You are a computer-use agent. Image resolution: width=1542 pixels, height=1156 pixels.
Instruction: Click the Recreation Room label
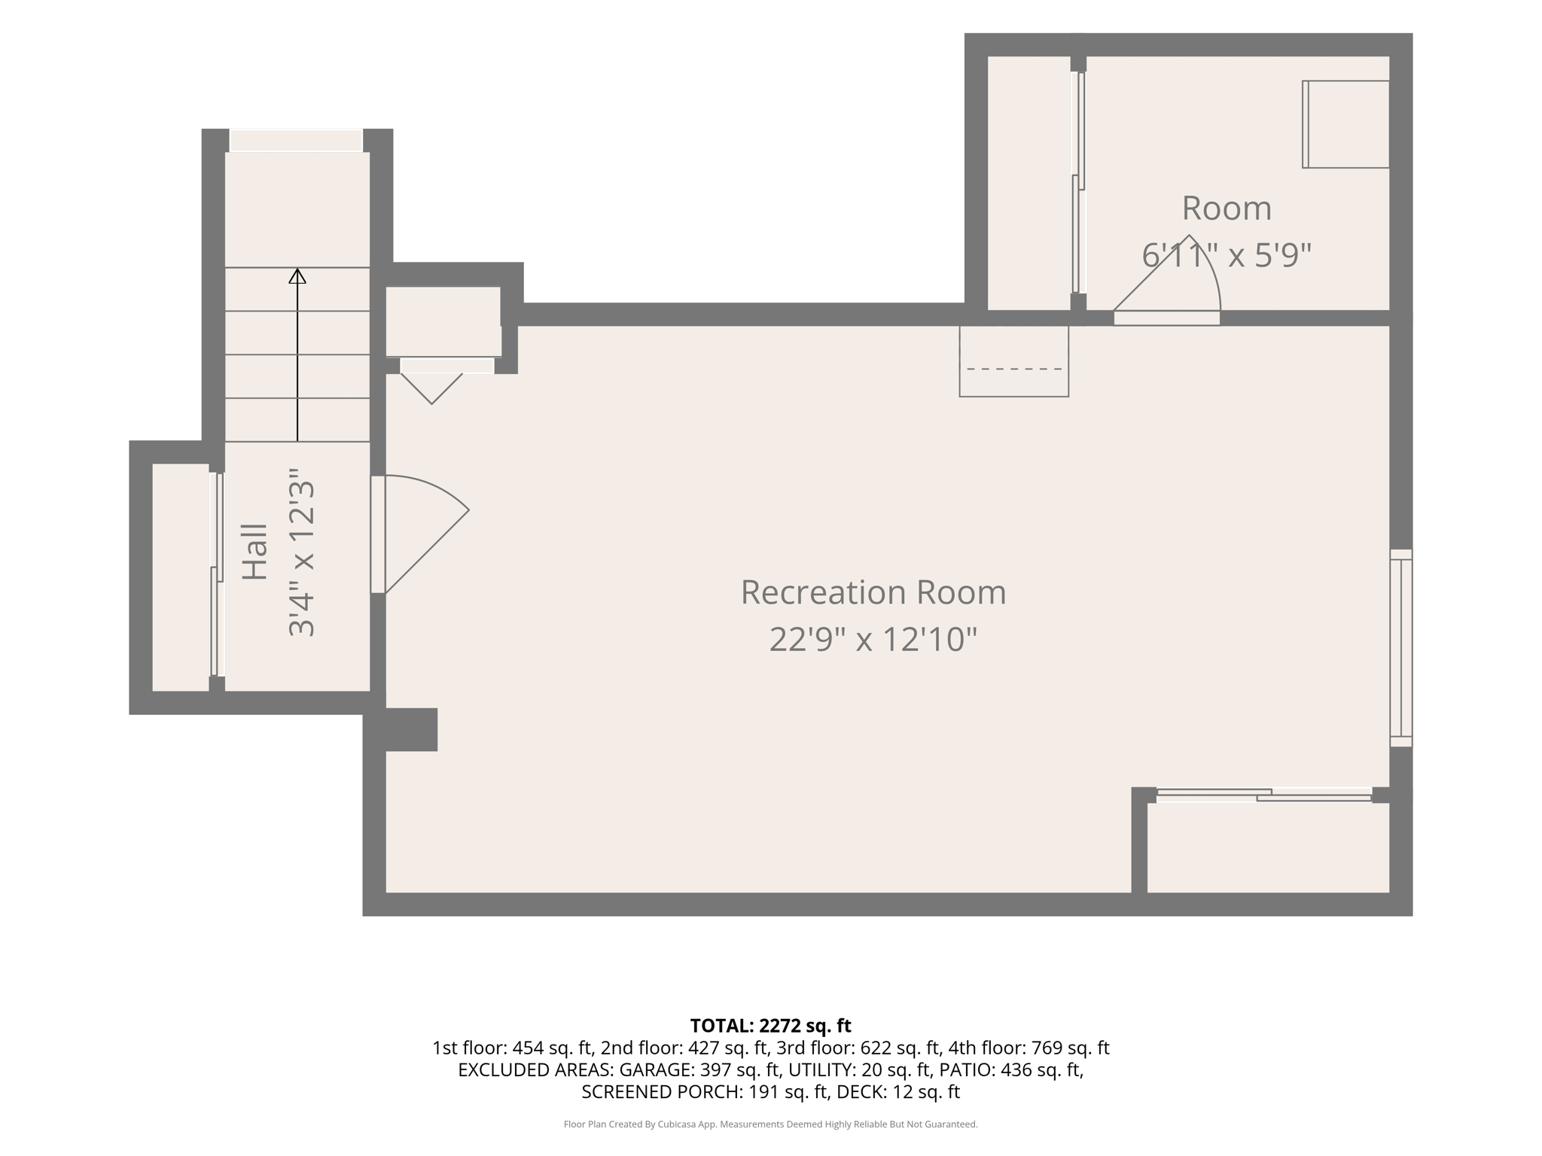pos(873,592)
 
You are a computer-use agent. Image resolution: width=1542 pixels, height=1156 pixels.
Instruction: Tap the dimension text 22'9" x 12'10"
pos(873,640)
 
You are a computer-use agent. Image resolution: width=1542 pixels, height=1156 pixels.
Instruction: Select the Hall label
pos(255,552)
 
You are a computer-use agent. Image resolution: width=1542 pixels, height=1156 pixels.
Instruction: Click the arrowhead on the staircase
pos(297,276)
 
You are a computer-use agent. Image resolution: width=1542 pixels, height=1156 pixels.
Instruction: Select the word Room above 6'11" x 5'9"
pos(1227,208)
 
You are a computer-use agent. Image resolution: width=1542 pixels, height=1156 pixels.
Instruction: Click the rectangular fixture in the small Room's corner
pos(1345,124)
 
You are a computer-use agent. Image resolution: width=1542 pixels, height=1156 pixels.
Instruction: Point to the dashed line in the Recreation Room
pos(1014,369)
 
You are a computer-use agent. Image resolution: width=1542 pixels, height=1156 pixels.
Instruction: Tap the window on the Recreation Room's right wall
pos(1401,648)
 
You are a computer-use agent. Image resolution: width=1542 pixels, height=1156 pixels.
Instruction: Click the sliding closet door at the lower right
pos(1264,795)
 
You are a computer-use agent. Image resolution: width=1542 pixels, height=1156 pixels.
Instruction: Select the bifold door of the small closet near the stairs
pos(431,380)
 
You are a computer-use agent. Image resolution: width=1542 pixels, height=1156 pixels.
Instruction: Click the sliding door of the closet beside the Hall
pos(217,574)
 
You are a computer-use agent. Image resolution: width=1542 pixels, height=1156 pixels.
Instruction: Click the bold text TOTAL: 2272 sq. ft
pos(770,1026)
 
